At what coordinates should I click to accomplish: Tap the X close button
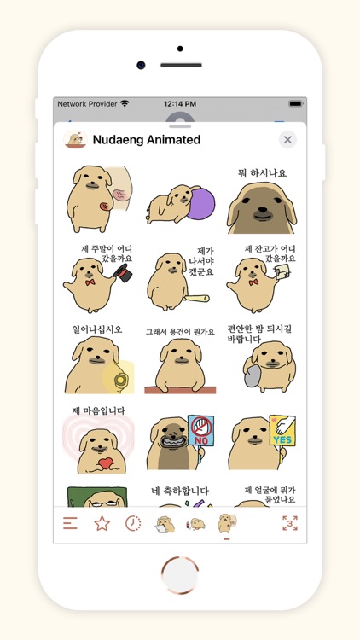(287, 139)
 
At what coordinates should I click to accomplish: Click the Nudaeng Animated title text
(146, 139)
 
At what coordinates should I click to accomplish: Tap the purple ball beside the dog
(202, 205)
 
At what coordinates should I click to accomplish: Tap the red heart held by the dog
(105, 463)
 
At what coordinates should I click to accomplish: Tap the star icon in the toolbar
(102, 523)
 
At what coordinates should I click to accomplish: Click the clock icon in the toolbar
(133, 523)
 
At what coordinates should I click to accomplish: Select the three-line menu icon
(70, 523)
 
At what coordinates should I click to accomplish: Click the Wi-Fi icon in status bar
(125, 103)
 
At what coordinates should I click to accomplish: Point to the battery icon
(295, 103)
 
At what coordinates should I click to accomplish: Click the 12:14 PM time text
(180, 103)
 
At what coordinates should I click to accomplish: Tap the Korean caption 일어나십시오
(96, 329)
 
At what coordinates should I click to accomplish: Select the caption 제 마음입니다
(98, 410)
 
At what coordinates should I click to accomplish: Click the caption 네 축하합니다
(180, 491)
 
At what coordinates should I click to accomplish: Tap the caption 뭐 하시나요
(262, 173)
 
